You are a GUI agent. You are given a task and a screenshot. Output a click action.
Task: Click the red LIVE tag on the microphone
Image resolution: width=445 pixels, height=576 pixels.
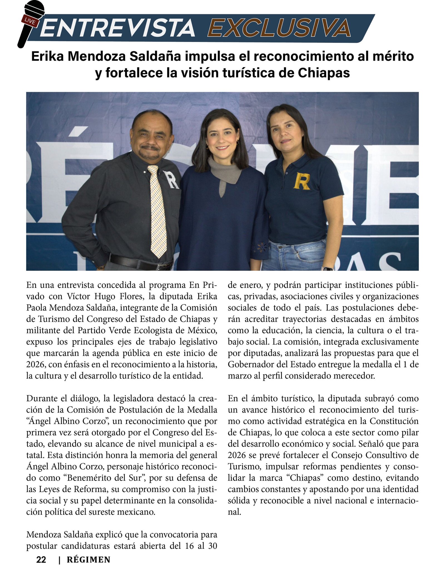(30, 20)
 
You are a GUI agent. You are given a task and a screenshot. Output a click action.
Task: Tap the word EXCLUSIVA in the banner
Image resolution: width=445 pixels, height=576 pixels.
(279, 28)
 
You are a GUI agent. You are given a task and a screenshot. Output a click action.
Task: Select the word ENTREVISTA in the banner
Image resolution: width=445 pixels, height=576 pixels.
(118, 28)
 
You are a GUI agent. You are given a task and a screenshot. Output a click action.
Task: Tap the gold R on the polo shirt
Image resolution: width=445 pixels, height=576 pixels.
(302, 181)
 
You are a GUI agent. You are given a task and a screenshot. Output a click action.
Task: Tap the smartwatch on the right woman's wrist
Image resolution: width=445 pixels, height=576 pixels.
(328, 268)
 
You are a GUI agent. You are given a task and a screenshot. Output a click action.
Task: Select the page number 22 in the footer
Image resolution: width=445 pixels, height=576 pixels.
(41, 559)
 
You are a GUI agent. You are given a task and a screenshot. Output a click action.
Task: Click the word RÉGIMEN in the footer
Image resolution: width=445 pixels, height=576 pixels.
(88, 560)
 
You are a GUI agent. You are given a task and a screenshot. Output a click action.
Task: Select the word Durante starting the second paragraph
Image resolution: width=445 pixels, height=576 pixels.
(44, 399)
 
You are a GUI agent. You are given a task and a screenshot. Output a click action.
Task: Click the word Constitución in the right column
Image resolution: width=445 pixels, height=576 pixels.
(394, 421)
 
